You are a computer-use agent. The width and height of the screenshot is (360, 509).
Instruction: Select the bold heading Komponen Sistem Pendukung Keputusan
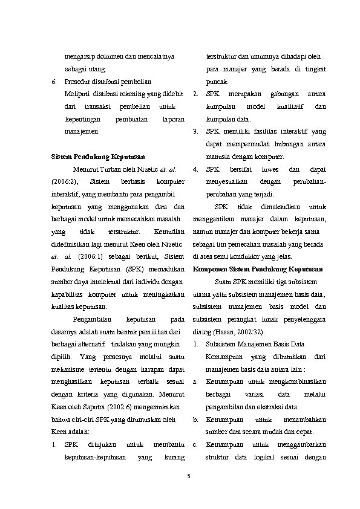coord(258,269)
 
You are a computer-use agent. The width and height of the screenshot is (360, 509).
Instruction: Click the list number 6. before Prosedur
coord(54,82)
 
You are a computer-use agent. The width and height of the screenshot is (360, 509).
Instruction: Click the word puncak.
coord(217,82)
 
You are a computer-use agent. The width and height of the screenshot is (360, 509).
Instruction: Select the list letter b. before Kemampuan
coord(195,420)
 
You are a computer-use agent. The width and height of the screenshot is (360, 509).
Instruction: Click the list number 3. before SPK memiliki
coord(195,131)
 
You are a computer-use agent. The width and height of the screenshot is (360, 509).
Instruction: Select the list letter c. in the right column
coord(195,444)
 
